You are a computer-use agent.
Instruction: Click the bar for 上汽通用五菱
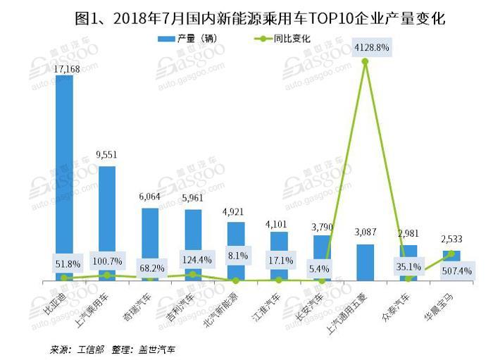tap(365, 262)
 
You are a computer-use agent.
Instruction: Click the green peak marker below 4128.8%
tap(365, 62)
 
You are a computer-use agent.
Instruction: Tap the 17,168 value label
tap(64, 67)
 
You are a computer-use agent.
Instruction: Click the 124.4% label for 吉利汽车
tap(193, 261)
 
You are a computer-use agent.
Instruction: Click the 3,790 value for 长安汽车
tap(322, 227)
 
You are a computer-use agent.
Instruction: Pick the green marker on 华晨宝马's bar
tap(451, 254)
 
